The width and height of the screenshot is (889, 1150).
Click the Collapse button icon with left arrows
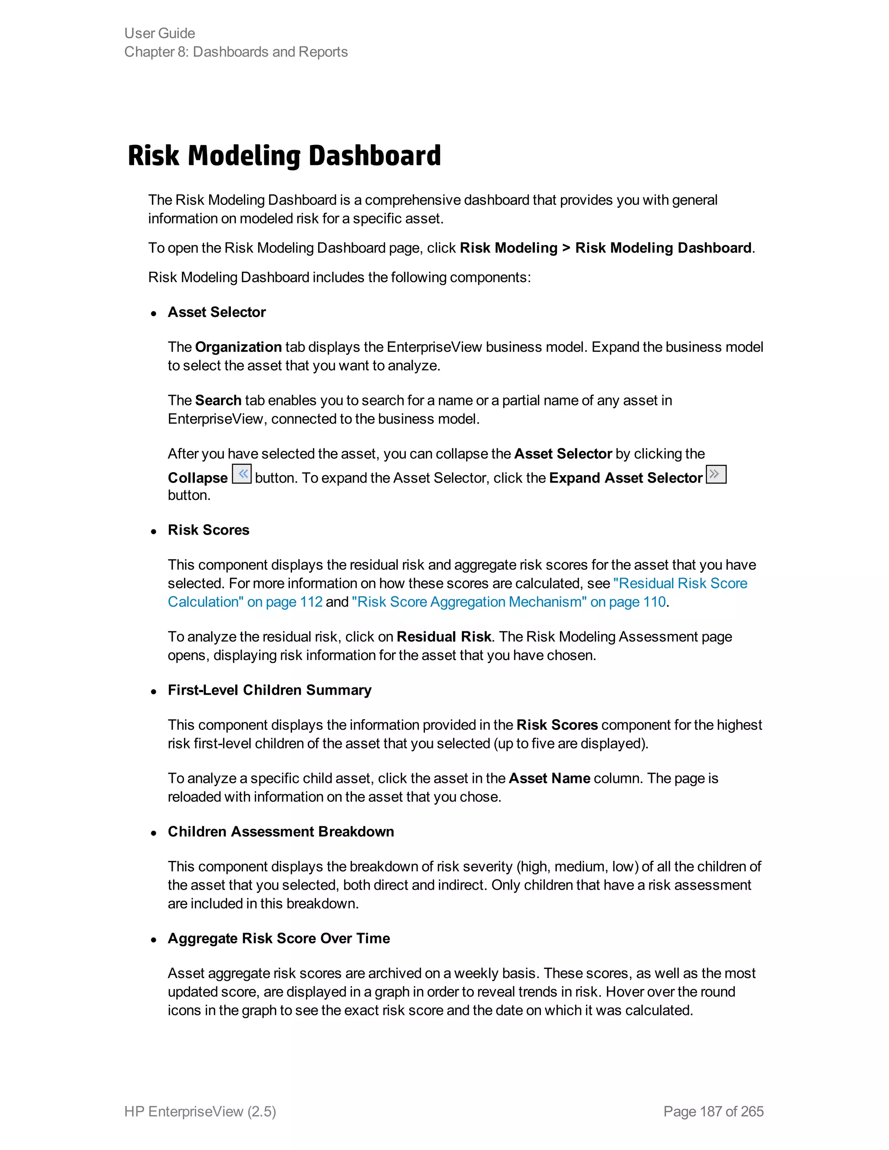(x=242, y=474)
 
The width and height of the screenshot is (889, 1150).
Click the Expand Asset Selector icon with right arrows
(x=716, y=474)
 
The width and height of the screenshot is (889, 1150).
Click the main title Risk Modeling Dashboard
(x=284, y=155)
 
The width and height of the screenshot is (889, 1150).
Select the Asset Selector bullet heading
(x=217, y=312)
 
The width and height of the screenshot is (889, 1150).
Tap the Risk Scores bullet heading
(x=208, y=530)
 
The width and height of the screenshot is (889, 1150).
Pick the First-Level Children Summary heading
(x=270, y=690)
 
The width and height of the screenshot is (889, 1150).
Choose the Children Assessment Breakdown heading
(x=281, y=831)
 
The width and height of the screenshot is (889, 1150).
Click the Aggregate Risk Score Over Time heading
(x=279, y=938)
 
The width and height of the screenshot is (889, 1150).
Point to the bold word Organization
(x=238, y=347)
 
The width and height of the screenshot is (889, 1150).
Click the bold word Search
(x=218, y=400)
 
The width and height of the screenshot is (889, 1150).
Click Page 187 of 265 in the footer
(x=713, y=1111)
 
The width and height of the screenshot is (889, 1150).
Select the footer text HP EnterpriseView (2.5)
(x=200, y=1111)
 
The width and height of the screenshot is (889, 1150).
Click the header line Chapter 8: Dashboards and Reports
(x=236, y=52)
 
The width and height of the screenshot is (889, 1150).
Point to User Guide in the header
(x=160, y=33)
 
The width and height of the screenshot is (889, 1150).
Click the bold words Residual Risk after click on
(x=444, y=637)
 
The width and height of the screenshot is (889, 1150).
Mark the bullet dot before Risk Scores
(x=154, y=532)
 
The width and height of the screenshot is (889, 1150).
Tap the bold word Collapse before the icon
(x=198, y=478)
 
